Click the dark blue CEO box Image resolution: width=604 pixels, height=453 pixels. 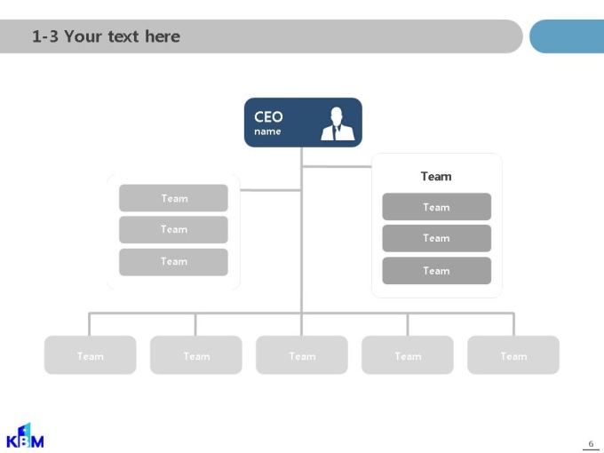pyautogui.click(x=303, y=123)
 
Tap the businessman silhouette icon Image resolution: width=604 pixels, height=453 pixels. pyautogui.click(x=338, y=123)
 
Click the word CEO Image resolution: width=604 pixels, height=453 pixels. pyautogui.click(x=268, y=116)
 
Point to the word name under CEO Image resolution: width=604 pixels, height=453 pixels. pyautogui.click(x=267, y=131)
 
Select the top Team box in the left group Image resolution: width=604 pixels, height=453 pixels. pyautogui.click(x=173, y=198)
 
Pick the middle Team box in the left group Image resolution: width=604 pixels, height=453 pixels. pyautogui.click(x=173, y=229)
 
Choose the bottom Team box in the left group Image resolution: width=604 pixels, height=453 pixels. pyautogui.click(x=173, y=262)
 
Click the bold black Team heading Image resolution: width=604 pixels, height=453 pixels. pyautogui.click(x=436, y=177)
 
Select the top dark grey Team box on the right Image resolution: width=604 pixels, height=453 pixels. pyautogui.click(x=437, y=207)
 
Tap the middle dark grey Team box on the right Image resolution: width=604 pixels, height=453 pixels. pyautogui.click(x=437, y=238)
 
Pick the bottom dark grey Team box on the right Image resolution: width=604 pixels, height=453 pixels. pyautogui.click(x=437, y=271)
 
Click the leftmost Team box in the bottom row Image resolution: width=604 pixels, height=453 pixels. pyautogui.click(x=90, y=354)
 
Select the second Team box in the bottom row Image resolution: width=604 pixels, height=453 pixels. pyautogui.click(x=196, y=354)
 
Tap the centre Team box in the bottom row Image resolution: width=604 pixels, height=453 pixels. pyautogui.click(x=302, y=354)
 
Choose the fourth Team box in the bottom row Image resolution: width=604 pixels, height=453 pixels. pyautogui.click(x=408, y=354)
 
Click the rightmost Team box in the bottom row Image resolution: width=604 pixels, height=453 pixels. pyautogui.click(x=513, y=354)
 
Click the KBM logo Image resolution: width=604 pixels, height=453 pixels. pyautogui.click(x=25, y=435)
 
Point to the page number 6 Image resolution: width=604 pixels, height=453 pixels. pyautogui.click(x=591, y=444)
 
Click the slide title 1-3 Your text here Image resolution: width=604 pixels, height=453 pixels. pyautogui.click(x=106, y=36)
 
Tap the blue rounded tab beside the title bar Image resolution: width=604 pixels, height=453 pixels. pyautogui.click(x=567, y=36)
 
